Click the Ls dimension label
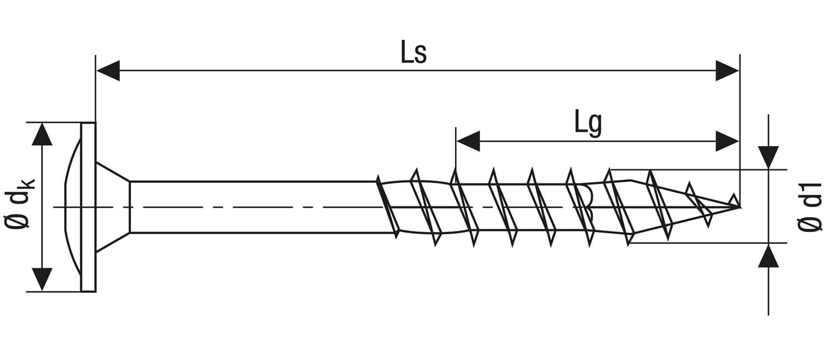pyautogui.click(x=414, y=52)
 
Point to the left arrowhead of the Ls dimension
pyautogui.click(x=108, y=70)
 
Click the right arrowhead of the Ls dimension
pyautogui.click(x=727, y=70)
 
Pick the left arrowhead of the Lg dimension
pyautogui.click(x=468, y=141)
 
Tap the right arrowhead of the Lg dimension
pyautogui.click(x=727, y=141)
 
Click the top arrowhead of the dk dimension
pyautogui.click(x=42, y=134)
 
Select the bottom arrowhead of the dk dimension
pyautogui.click(x=42, y=280)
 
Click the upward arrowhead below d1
pyautogui.click(x=768, y=255)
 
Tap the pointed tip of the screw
pyautogui.click(x=740, y=207)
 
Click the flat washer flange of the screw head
pyautogui.click(x=88, y=207)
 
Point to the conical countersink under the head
pyautogui.click(x=113, y=207)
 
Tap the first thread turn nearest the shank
pyautogui.click(x=388, y=207)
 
